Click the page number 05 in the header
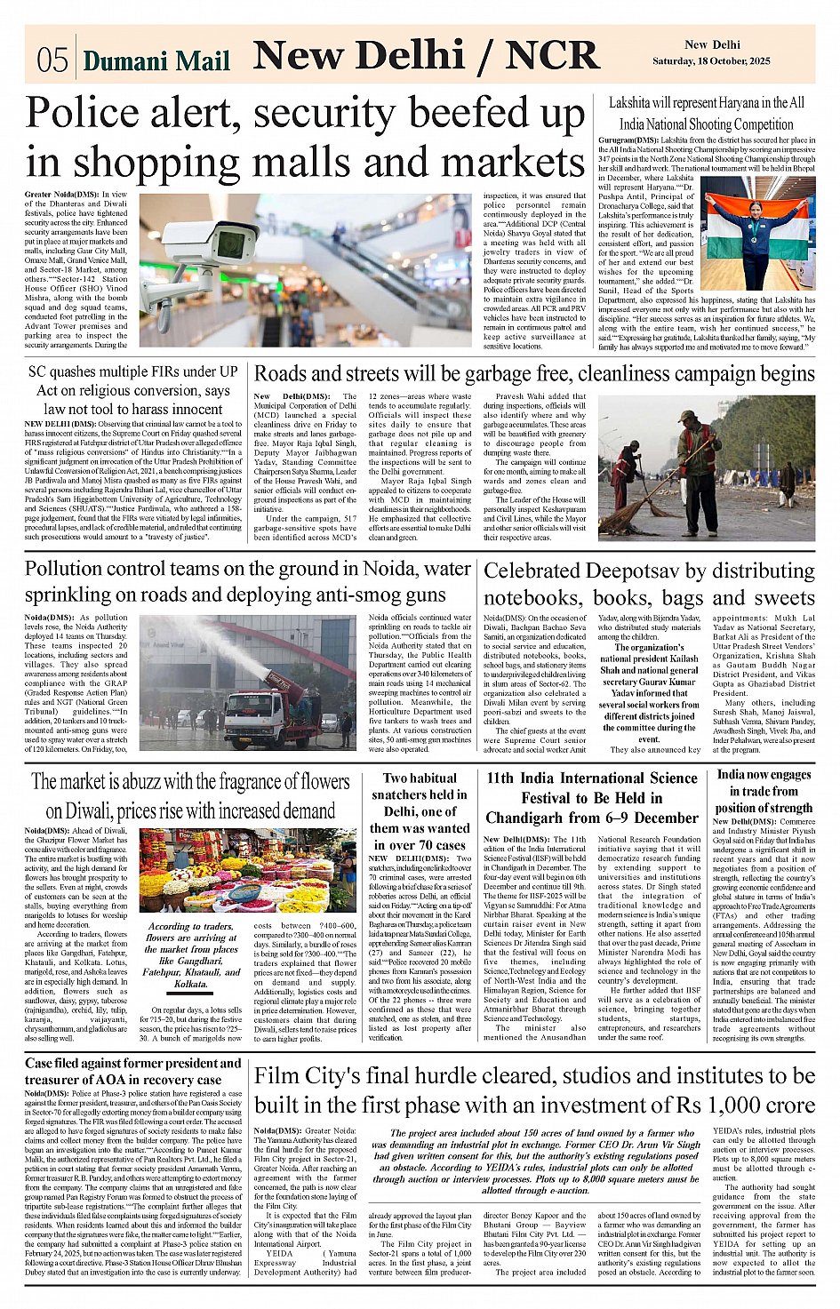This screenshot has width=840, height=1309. [52, 60]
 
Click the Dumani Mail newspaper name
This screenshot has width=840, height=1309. [156, 60]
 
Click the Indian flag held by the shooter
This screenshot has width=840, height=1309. [756, 222]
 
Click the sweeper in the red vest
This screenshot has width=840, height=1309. [699, 462]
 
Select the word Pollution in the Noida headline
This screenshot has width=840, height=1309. [69, 569]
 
